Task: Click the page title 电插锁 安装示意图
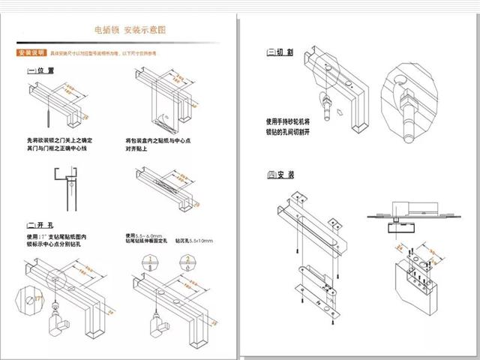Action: tap(129, 30)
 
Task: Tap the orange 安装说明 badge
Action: tap(30, 54)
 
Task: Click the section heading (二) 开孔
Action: tap(40, 225)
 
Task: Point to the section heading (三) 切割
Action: tap(280, 52)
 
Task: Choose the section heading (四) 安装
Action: tap(280, 175)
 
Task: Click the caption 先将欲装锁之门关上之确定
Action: tap(60, 140)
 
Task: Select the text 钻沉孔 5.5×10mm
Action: tap(194, 240)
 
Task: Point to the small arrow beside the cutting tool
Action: tap(340, 112)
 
